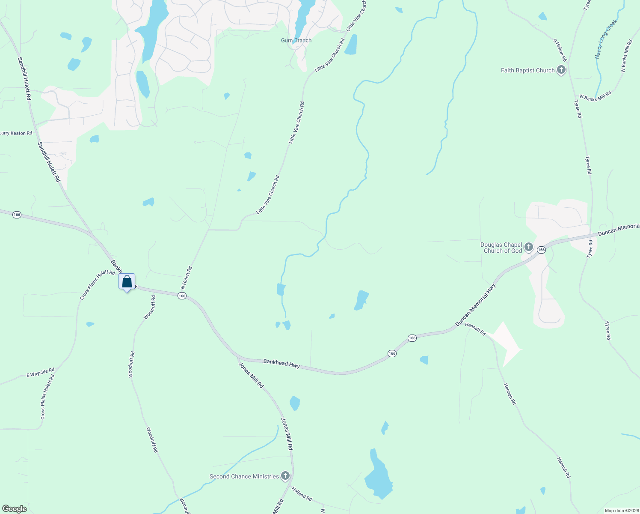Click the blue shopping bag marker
point(127,282)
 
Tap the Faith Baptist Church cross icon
point(561,70)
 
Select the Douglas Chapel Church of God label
point(501,248)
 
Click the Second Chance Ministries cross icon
point(285,476)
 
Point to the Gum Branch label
point(296,40)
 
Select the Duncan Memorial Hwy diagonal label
point(475,305)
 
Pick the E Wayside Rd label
point(41,373)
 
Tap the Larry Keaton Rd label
point(16,133)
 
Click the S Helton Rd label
point(560,50)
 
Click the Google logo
point(15,508)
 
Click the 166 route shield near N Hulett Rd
point(182,296)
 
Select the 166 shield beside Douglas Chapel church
point(541,250)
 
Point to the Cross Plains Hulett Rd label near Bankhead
point(98,285)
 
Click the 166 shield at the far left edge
point(17,215)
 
